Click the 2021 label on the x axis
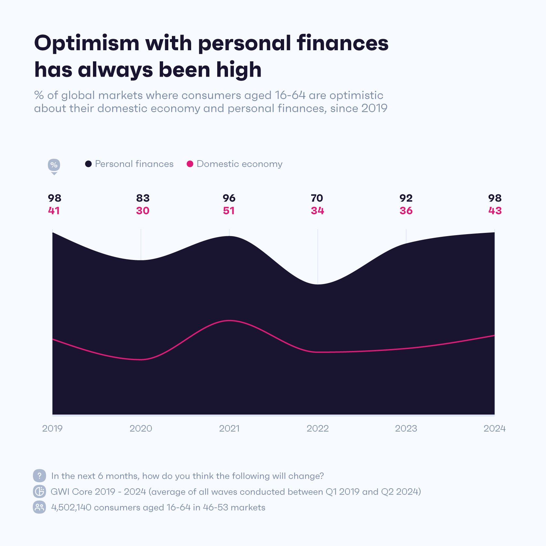point(229,428)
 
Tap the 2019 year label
point(52,428)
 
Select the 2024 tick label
point(494,428)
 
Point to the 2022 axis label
point(317,428)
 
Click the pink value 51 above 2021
point(229,211)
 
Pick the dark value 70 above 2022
point(317,198)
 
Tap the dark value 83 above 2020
point(143,198)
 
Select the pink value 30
point(143,211)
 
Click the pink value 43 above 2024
point(495,211)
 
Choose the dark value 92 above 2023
point(406,198)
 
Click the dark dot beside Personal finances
point(88,164)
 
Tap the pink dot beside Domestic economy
point(190,164)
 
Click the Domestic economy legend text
point(239,164)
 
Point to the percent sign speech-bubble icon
point(54,165)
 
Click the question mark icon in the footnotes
point(39,476)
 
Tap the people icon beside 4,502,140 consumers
point(39,507)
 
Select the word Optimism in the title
point(87,43)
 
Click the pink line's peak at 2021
point(230,321)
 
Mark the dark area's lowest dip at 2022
point(318,284)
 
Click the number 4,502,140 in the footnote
point(71,508)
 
